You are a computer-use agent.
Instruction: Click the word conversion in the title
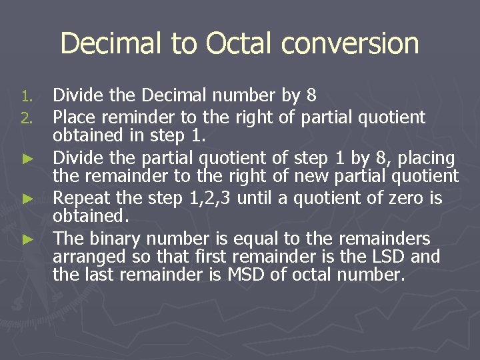pyautogui.click(x=350, y=44)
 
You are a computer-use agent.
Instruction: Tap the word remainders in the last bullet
pyautogui.click(x=385, y=238)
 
